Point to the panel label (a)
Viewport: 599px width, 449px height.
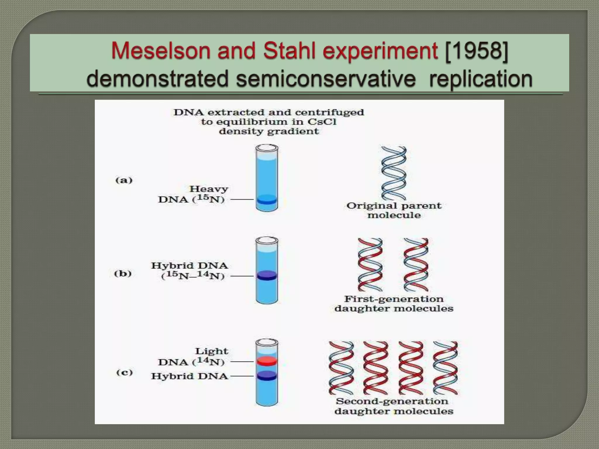(124, 180)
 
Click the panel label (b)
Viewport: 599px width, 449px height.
(123, 274)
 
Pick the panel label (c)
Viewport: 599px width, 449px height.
(125, 372)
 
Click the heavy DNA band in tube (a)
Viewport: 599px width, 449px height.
(266, 201)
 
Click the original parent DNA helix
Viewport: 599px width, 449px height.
(394, 173)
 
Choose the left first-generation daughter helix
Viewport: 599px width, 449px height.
(370, 265)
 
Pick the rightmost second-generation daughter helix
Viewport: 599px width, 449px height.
(445, 368)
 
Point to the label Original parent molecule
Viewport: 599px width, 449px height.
(394, 210)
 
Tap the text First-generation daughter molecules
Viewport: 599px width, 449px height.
(394, 304)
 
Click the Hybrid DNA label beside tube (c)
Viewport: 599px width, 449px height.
(190, 376)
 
